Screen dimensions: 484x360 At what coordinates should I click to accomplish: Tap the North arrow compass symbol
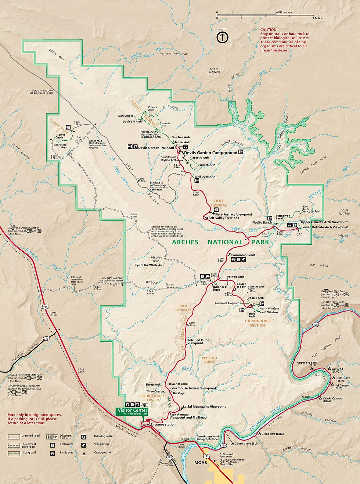(x=222, y=37)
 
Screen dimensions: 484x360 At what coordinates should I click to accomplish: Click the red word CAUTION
(x=268, y=30)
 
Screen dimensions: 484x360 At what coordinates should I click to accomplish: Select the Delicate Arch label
(x=311, y=211)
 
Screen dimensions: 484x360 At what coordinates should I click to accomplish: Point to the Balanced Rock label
(x=220, y=288)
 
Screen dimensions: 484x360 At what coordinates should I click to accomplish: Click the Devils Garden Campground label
(x=210, y=153)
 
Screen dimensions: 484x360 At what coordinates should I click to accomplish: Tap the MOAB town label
(x=201, y=463)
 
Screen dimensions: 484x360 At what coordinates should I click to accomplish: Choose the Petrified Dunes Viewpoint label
(x=199, y=341)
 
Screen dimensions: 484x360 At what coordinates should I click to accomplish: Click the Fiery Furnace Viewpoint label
(x=234, y=214)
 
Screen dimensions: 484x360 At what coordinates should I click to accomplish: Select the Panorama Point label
(x=243, y=255)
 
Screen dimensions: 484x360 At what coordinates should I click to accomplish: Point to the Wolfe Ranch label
(x=262, y=222)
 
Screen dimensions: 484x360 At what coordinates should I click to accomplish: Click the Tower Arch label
(x=61, y=136)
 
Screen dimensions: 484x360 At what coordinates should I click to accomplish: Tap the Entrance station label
(x=163, y=424)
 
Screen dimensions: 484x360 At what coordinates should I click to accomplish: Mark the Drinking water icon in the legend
(x=84, y=437)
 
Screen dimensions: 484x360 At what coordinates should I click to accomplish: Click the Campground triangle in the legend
(x=84, y=453)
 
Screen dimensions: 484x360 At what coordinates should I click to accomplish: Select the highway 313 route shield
(x=46, y=338)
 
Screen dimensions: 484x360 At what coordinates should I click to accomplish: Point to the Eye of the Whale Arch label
(x=150, y=265)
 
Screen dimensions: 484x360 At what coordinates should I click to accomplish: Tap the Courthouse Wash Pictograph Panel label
(x=208, y=438)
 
